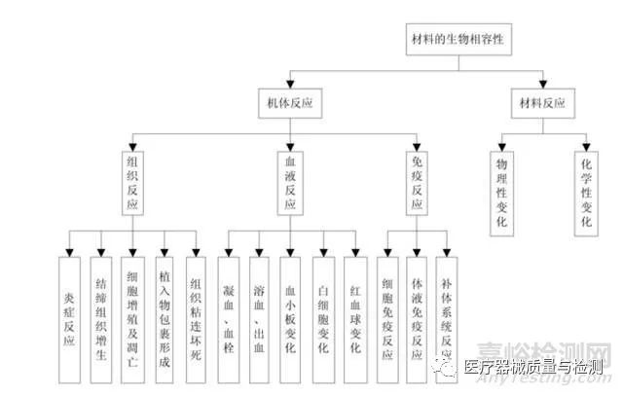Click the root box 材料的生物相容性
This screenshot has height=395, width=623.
(457, 40)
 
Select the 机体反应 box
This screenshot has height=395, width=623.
(288, 101)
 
